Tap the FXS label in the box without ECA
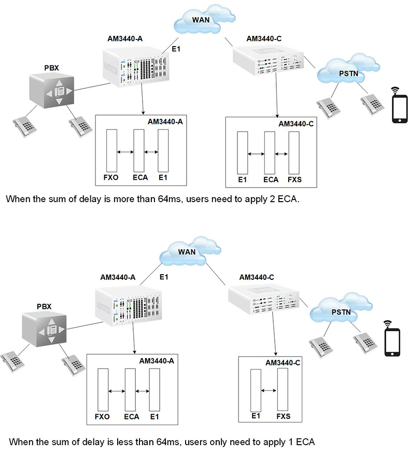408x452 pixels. coord(283,415)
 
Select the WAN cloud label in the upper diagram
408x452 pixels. coord(201,19)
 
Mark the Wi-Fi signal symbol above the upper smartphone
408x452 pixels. coord(399,90)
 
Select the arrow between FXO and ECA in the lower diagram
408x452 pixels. coord(116,391)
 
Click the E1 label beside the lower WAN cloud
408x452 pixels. coord(164,278)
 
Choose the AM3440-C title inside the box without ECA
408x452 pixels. coord(283,363)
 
